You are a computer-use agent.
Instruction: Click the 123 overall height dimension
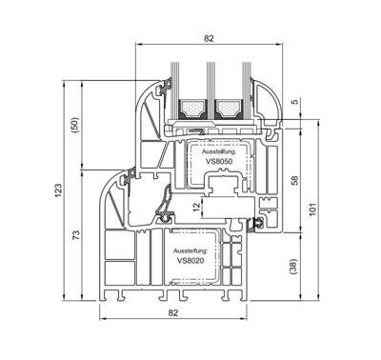pyautogui.click(x=58, y=190)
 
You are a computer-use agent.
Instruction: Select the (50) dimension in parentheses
pyautogui.click(x=75, y=125)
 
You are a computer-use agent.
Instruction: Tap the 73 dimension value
pyautogui.click(x=75, y=234)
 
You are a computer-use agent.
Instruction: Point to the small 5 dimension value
pyautogui.click(x=295, y=102)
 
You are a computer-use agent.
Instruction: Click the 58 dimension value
pyautogui.click(x=295, y=180)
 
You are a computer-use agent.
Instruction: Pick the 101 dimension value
pyautogui.click(x=312, y=210)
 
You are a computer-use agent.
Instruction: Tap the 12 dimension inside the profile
pyautogui.click(x=197, y=207)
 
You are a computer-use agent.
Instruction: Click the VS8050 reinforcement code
pyautogui.click(x=219, y=161)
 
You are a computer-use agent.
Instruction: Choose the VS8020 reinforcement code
pyautogui.click(x=190, y=261)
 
